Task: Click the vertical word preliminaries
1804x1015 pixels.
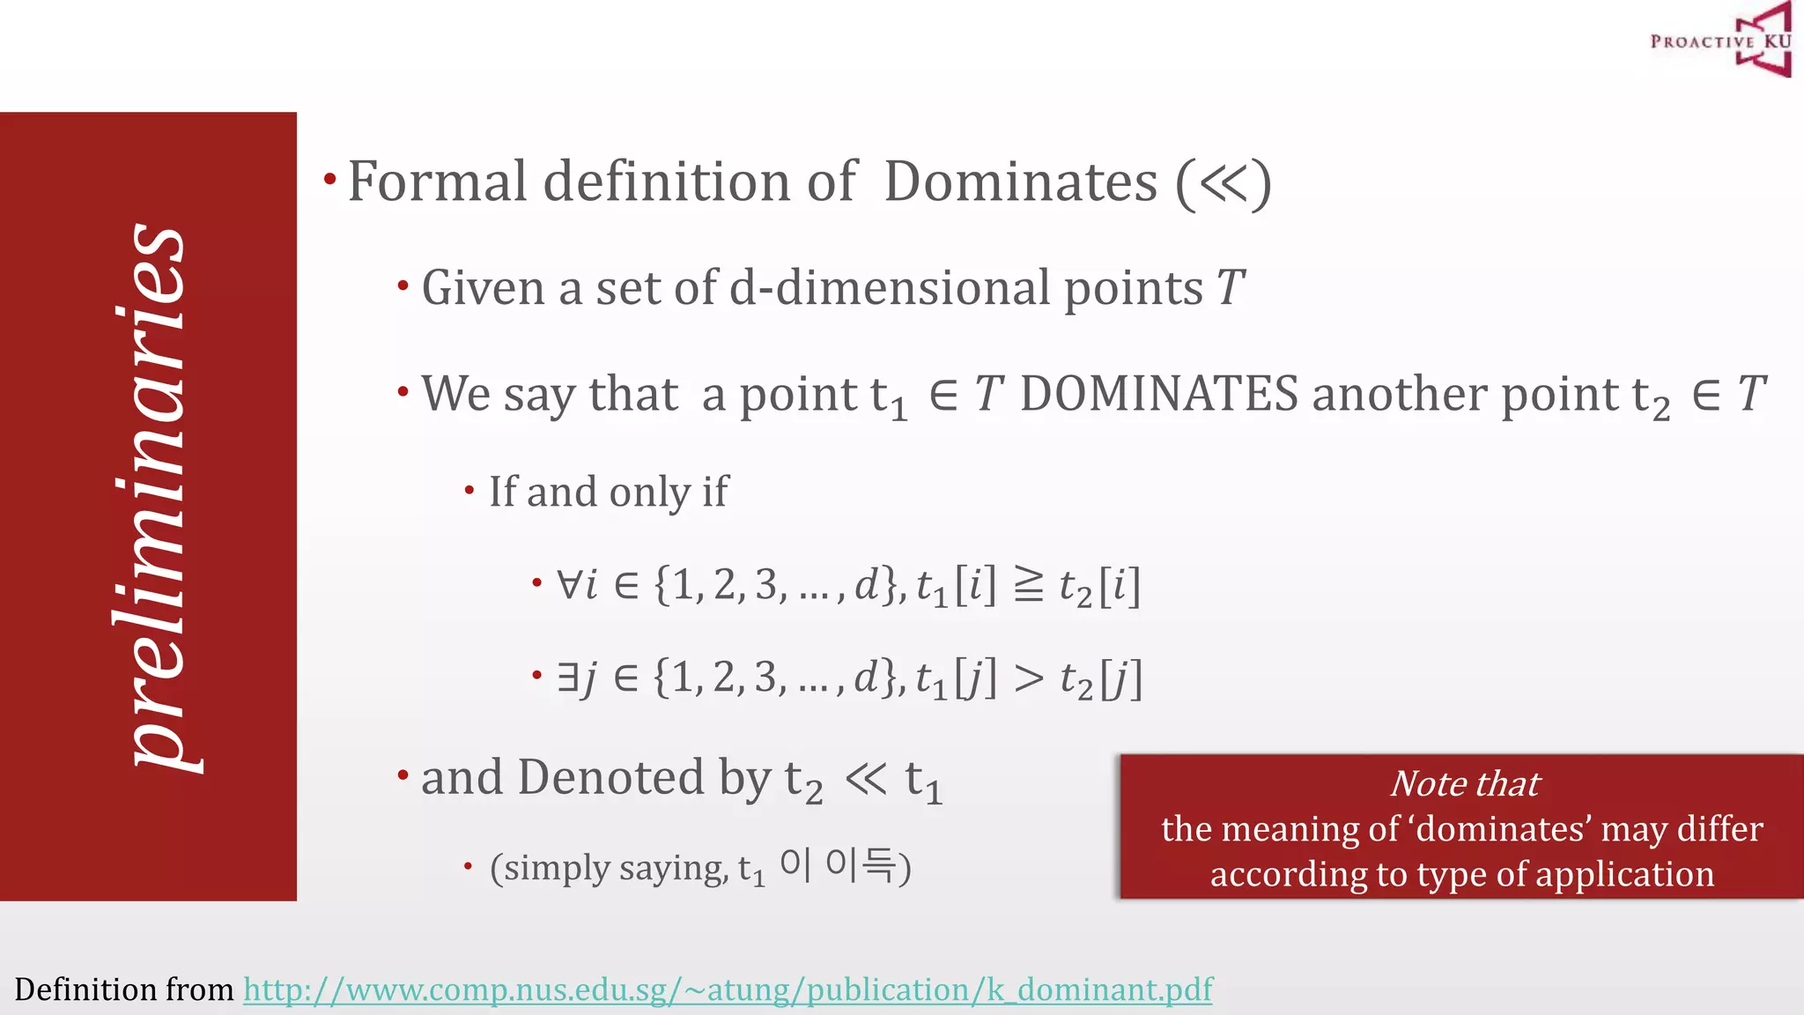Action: (x=152, y=498)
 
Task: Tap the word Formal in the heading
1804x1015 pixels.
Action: (x=437, y=182)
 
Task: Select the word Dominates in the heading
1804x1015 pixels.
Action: (x=1020, y=182)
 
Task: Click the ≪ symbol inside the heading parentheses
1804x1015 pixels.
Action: (x=1224, y=182)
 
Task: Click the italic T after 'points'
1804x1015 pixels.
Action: (x=1230, y=288)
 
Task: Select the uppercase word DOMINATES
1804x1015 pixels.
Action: (x=1158, y=394)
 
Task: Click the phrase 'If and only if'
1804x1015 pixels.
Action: (x=609, y=492)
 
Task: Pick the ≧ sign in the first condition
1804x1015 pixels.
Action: (x=1028, y=585)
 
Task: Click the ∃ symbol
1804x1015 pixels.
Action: (x=567, y=678)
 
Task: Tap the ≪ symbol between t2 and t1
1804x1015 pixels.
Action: (x=866, y=778)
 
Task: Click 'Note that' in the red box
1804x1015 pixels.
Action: (x=1465, y=783)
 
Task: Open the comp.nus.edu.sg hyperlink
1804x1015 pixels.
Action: (x=728, y=989)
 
